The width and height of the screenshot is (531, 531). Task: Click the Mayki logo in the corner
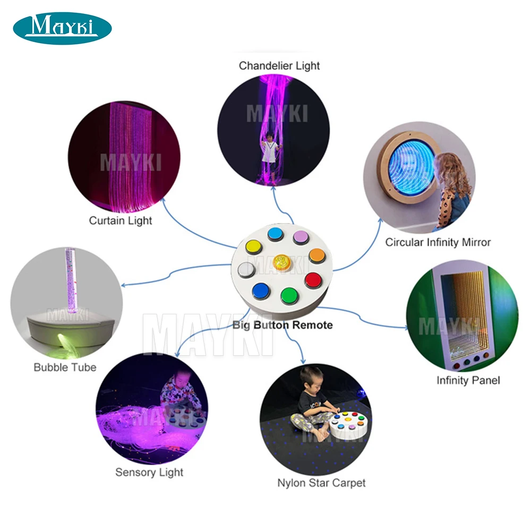tap(62, 28)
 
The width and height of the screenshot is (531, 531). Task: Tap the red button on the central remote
tap(313, 279)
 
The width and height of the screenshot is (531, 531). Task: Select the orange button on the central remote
tap(316, 254)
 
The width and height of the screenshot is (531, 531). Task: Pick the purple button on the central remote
tap(301, 237)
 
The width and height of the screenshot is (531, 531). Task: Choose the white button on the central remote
tap(247, 269)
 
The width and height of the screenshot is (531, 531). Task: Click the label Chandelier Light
tap(279, 66)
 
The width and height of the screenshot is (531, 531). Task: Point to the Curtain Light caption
tap(121, 220)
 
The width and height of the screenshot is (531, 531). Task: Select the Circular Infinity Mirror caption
tap(438, 242)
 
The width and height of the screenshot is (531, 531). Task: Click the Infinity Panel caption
tap(468, 380)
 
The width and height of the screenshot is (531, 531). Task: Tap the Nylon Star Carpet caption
tap(321, 483)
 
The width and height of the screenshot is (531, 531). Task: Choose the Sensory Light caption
tap(149, 472)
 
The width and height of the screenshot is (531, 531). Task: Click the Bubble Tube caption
tap(65, 367)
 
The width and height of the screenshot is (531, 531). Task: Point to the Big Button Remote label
tap(282, 325)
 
